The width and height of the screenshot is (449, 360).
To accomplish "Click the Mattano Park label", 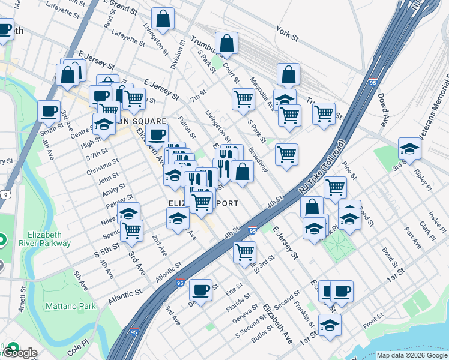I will pos(70,306).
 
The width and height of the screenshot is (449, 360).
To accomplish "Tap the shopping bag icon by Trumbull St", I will pos(226,43).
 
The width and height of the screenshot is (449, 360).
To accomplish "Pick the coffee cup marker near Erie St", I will pos(200,289).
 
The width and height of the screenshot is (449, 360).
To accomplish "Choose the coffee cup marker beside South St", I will pos(49,110).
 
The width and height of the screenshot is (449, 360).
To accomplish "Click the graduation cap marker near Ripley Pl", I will pos(409,148).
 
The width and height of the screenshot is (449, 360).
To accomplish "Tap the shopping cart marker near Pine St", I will pos(335,187).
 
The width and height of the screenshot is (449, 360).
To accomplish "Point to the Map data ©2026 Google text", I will pos(412,355).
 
